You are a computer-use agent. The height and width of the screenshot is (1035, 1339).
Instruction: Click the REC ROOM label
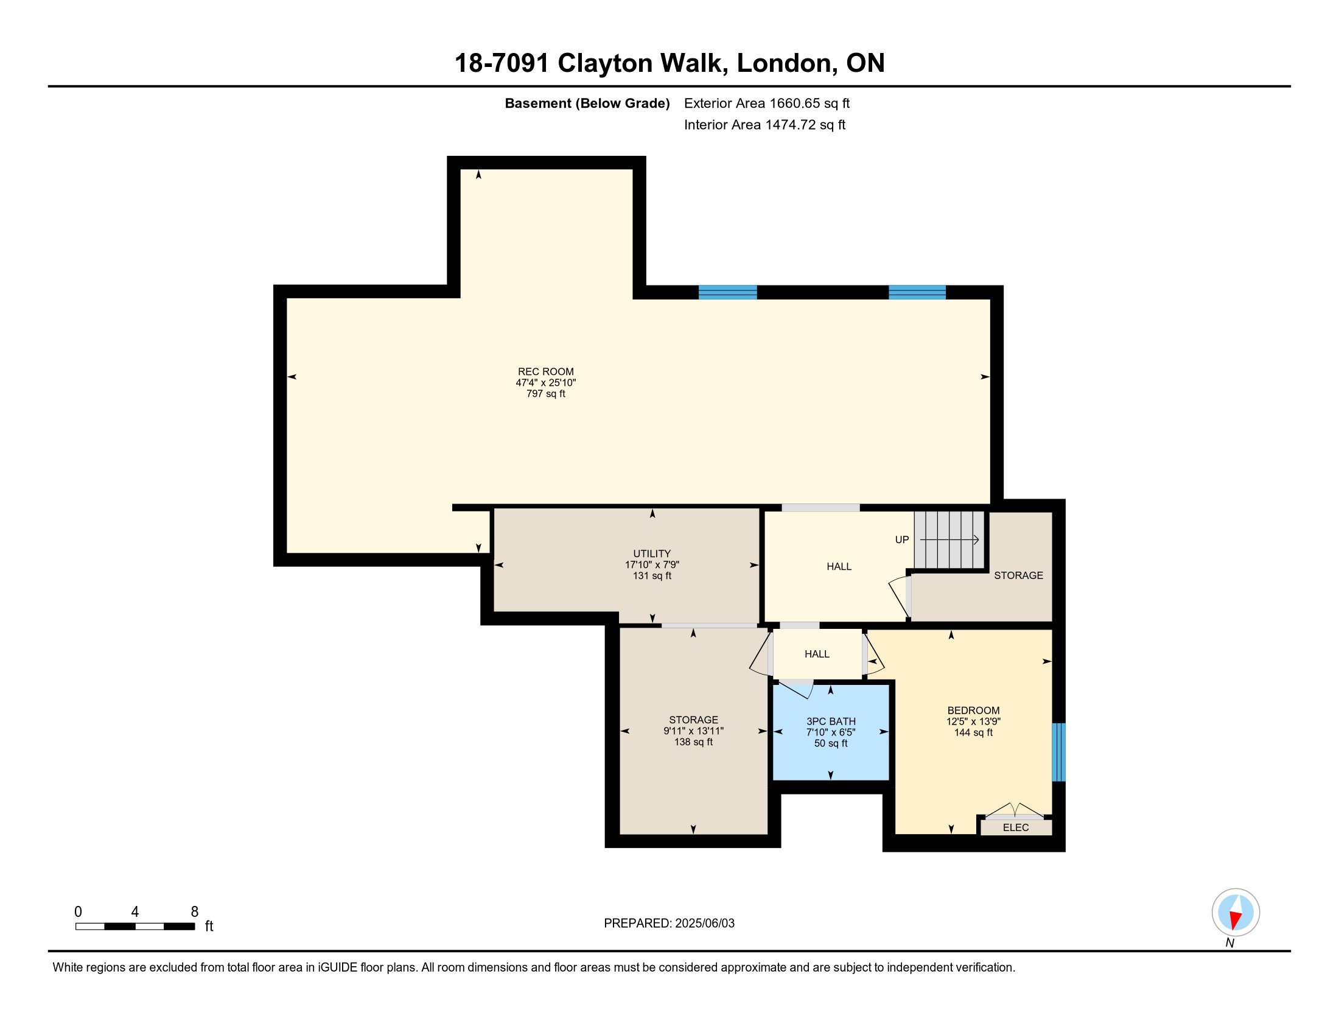(x=546, y=371)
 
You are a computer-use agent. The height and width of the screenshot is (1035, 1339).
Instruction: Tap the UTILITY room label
(x=652, y=553)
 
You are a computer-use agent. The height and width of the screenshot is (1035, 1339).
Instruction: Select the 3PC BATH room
(x=831, y=732)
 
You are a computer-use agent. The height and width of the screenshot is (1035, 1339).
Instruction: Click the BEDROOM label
(x=973, y=710)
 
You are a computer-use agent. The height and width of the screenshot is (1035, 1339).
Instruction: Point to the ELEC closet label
(x=1015, y=828)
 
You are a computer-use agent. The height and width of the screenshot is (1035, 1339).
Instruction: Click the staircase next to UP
(x=949, y=540)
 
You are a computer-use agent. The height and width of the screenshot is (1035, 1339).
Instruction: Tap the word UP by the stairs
(x=902, y=539)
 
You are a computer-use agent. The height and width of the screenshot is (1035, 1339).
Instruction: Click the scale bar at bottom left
(x=135, y=927)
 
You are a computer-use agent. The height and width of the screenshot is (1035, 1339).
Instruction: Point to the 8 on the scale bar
(x=194, y=912)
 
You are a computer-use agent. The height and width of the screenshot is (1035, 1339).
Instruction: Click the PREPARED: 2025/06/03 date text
(x=669, y=924)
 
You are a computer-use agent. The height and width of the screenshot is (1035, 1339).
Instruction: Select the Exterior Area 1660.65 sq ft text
(x=766, y=103)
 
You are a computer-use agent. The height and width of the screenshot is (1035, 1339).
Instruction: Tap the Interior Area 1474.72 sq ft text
(x=764, y=125)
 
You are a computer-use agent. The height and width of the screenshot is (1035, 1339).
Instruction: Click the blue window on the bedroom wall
(x=1059, y=753)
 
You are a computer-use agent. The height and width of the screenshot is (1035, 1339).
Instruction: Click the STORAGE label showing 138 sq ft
(x=693, y=720)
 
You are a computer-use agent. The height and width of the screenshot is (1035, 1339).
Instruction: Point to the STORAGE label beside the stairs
(x=1018, y=575)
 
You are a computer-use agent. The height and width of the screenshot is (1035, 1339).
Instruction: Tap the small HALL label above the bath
(x=817, y=654)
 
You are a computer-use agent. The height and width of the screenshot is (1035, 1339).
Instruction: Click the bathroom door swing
(x=797, y=690)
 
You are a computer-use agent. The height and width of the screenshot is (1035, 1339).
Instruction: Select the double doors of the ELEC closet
(x=1014, y=810)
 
